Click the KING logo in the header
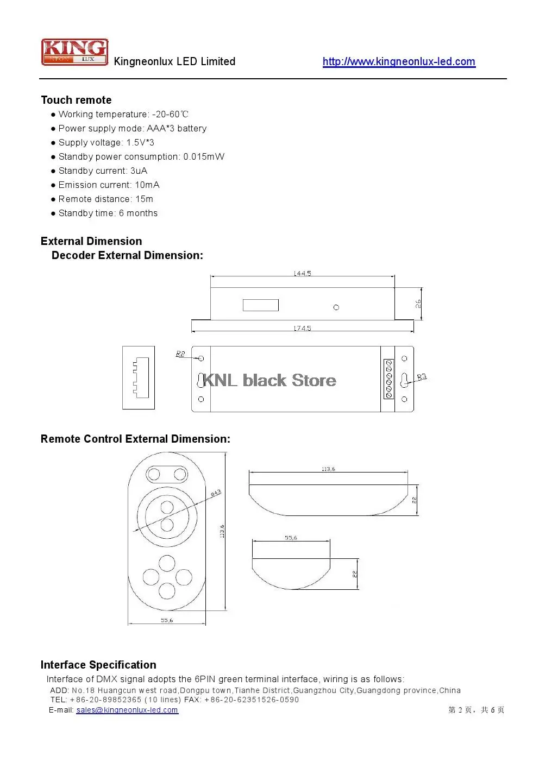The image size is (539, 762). tap(74, 52)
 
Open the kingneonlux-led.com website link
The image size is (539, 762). tap(398, 61)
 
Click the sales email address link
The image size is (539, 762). tap(127, 710)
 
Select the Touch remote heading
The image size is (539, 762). tap(76, 100)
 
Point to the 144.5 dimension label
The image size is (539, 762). tap(302, 274)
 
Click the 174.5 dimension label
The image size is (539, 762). tap(302, 328)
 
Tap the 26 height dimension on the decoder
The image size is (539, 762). tap(418, 304)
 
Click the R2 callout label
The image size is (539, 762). tap(180, 354)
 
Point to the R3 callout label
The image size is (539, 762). tap(422, 376)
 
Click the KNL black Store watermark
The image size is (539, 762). tap(269, 380)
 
